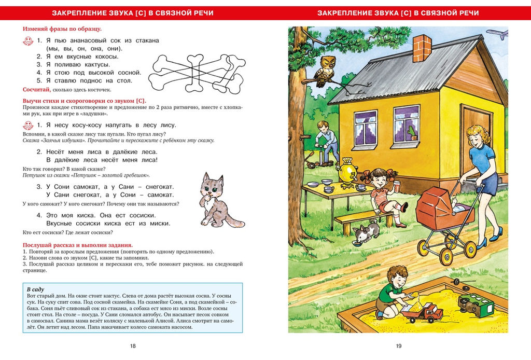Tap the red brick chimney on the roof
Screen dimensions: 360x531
pyautogui.click(x=421, y=48)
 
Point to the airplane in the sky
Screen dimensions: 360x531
pyautogui.click(x=497, y=34)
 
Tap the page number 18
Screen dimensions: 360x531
pyautogui.click(x=133, y=346)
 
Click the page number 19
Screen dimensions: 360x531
pyautogui.click(x=398, y=346)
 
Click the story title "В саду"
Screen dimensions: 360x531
pyautogui.click(x=35, y=289)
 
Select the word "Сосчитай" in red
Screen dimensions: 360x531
pyautogui.click(x=37, y=90)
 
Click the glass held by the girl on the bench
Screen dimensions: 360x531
pyautogui.click(x=397, y=186)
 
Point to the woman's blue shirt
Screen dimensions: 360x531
pyautogui.click(x=482, y=159)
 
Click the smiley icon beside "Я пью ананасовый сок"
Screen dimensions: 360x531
pyautogui.click(x=28, y=40)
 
